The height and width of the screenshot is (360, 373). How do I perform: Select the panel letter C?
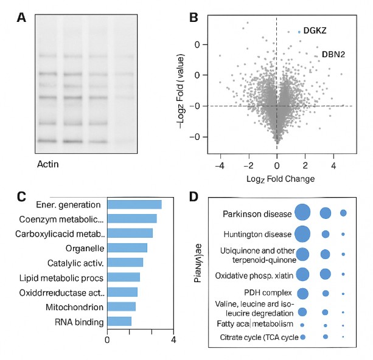click(x=21, y=196)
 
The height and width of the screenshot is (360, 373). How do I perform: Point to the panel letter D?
click(x=193, y=196)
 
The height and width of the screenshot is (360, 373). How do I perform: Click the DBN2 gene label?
click(x=333, y=54)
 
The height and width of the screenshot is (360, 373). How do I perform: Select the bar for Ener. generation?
click(x=134, y=204)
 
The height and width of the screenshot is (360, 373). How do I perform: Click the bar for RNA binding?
click(x=119, y=321)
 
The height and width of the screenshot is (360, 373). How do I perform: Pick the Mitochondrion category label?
click(x=75, y=306)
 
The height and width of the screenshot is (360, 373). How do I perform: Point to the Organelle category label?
click(x=85, y=248)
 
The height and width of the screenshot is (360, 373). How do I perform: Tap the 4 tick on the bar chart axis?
click(x=174, y=339)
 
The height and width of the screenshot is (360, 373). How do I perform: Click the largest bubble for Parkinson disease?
click(x=303, y=213)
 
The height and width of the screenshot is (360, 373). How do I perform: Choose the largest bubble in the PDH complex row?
click(x=303, y=294)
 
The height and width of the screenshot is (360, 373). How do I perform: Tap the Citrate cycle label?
click(x=259, y=337)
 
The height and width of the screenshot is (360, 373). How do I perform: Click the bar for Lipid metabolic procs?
click(x=124, y=277)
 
